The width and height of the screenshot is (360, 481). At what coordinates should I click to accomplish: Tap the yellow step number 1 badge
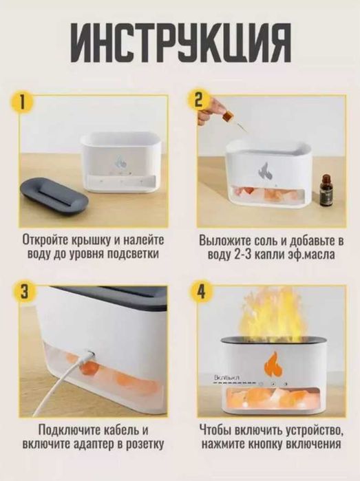pos(23,103)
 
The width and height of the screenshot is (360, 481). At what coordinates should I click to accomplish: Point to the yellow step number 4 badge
pos(201,292)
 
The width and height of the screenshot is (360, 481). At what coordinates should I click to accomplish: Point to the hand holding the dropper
pos(206,112)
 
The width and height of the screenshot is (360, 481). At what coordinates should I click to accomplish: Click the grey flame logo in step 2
pos(264,170)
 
